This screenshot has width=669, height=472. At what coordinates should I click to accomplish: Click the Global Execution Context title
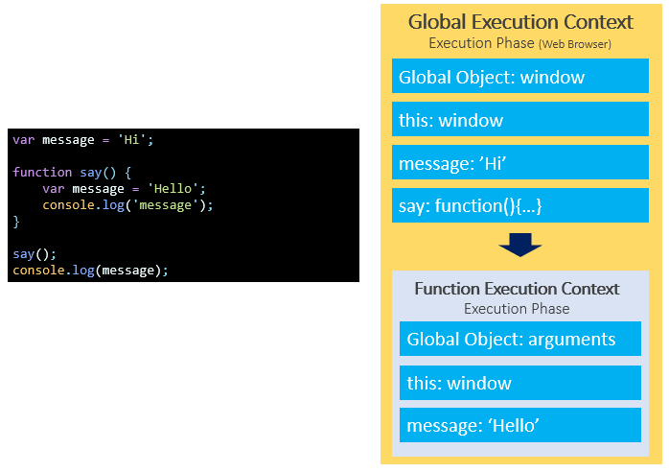click(x=520, y=21)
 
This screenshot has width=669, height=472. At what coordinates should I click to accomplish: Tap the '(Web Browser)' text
click(x=575, y=44)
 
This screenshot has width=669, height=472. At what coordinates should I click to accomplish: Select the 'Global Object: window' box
click(x=519, y=77)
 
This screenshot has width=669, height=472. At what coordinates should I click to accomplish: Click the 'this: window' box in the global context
click(x=519, y=120)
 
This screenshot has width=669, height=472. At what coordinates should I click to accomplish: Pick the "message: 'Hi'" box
click(x=519, y=163)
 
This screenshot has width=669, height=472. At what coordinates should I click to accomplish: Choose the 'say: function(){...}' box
click(x=519, y=205)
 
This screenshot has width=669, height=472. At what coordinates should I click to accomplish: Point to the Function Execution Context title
click(x=517, y=289)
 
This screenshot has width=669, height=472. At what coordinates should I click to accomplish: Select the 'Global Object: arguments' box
click(x=519, y=339)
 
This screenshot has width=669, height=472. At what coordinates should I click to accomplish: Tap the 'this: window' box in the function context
click(x=519, y=383)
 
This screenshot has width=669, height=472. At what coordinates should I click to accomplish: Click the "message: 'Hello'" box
click(x=519, y=425)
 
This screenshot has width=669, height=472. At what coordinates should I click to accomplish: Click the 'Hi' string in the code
click(x=135, y=140)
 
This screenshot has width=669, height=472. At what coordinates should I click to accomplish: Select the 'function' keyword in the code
click(x=42, y=173)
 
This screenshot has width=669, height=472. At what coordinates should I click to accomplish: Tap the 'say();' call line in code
click(x=35, y=254)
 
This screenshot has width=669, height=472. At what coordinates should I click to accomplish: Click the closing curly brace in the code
click(x=16, y=222)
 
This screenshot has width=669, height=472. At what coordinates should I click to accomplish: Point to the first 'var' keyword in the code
click(x=24, y=140)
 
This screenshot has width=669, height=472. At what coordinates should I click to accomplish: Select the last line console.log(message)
click(x=90, y=271)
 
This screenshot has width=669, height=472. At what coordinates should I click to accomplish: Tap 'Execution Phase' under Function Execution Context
click(x=517, y=309)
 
